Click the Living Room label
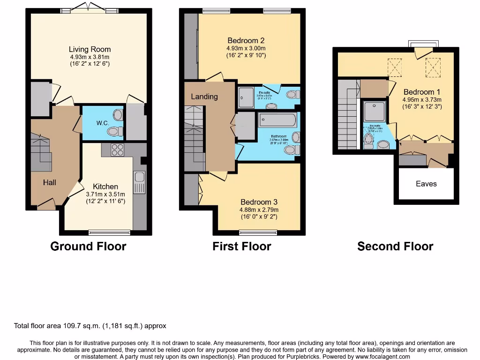tap(90, 49)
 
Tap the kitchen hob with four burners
tap(117, 150)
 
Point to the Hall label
tap(50, 182)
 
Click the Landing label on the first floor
tap(204, 97)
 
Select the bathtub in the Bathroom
tap(277, 120)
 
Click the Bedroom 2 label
tap(246, 40)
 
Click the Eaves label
tap(426, 184)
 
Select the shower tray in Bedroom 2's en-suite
tap(246, 97)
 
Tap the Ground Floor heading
tap(88, 246)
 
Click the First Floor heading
tap(241, 246)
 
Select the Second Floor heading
tap(395, 246)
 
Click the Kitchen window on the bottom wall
tap(109, 232)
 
